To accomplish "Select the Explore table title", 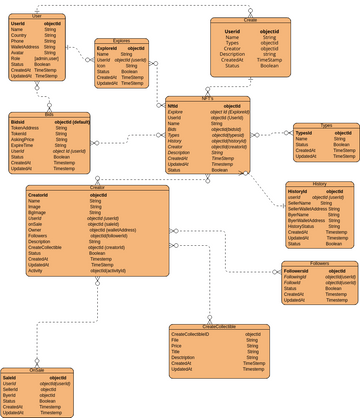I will [x=121, y=41].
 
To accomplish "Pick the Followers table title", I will [x=320, y=263].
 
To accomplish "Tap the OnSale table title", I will [x=36, y=369].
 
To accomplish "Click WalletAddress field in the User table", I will [x=25, y=46].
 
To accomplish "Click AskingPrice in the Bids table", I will [x=24, y=139].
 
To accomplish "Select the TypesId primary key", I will [x=304, y=132].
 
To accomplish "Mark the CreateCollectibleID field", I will [x=190, y=334].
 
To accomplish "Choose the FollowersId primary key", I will [x=297, y=270].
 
